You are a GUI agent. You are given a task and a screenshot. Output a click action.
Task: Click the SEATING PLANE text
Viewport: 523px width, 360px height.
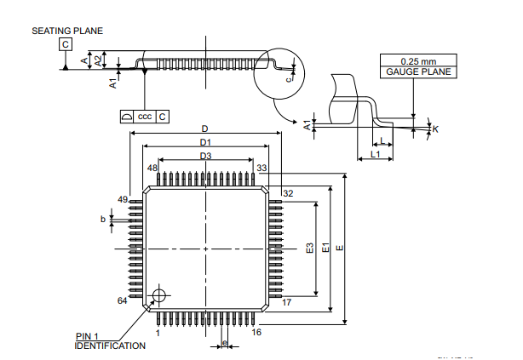click(67, 31)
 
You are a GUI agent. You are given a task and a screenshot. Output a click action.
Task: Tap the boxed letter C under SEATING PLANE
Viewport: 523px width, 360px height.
click(66, 44)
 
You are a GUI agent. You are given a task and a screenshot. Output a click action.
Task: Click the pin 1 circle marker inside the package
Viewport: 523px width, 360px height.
click(157, 296)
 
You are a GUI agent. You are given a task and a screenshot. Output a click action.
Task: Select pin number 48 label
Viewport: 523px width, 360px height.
click(152, 169)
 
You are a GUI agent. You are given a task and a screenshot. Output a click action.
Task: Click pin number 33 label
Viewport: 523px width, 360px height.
click(262, 169)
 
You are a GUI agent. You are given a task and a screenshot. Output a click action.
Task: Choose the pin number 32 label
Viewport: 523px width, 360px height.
click(288, 194)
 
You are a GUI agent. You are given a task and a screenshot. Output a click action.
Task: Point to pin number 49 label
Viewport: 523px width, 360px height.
click(123, 199)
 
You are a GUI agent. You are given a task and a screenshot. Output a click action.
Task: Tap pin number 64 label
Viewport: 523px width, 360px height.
click(123, 301)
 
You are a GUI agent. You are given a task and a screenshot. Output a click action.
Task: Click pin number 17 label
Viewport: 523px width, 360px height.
click(287, 301)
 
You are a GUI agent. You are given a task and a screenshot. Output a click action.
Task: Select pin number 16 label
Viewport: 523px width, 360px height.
click(256, 332)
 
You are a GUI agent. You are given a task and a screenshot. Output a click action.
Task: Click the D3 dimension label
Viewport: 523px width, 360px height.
click(205, 156)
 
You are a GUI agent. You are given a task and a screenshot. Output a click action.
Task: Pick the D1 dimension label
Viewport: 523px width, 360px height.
click(205, 142)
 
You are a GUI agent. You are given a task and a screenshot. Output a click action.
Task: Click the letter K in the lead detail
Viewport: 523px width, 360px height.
click(435, 129)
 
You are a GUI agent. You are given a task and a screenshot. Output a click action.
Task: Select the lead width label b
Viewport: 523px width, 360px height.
click(103, 219)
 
